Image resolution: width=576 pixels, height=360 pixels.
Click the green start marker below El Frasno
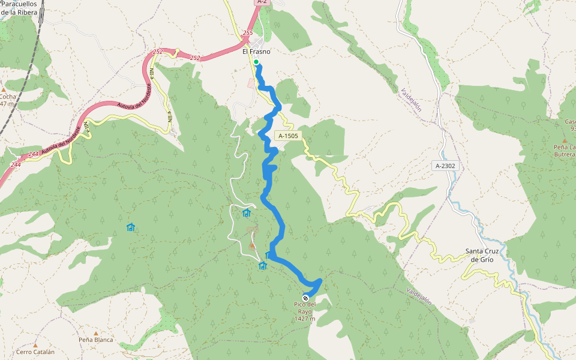(x=256, y=62)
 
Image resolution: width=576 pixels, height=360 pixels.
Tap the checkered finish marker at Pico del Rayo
(x=306, y=298)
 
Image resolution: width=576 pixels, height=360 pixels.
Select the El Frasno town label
(x=256, y=52)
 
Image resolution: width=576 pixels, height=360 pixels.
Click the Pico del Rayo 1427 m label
(x=305, y=311)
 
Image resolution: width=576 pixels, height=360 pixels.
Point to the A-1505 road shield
(x=288, y=136)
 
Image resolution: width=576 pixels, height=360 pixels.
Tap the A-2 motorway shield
(x=261, y=2)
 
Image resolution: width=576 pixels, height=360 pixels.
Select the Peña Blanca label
(x=95, y=340)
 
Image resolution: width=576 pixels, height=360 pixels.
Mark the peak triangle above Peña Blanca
(x=95, y=333)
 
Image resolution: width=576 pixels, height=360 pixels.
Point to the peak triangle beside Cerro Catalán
(x=35, y=346)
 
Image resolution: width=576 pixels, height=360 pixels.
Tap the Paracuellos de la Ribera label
(x=19, y=7)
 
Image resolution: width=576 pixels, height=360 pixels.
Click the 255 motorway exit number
(x=248, y=33)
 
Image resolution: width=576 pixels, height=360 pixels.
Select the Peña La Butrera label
(x=565, y=151)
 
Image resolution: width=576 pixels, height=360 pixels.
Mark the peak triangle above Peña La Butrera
(x=564, y=140)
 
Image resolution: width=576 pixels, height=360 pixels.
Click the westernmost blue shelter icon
(x=131, y=227)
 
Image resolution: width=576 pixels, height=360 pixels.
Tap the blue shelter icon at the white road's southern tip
(x=262, y=266)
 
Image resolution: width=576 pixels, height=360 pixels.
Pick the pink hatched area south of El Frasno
(x=251, y=83)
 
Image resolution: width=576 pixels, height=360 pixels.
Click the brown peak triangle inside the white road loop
(x=252, y=245)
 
